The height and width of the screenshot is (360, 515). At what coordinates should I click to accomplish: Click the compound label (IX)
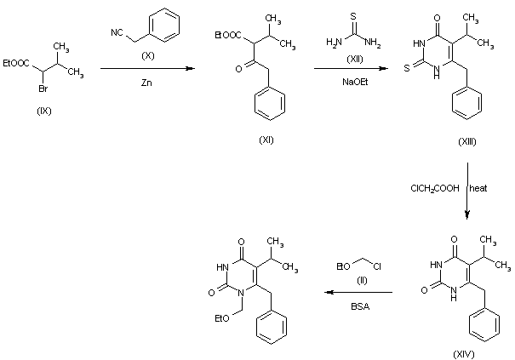pyautogui.click(x=43, y=111)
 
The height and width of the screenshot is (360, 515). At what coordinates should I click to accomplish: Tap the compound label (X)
pyautogui.click(x=142, y=54)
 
